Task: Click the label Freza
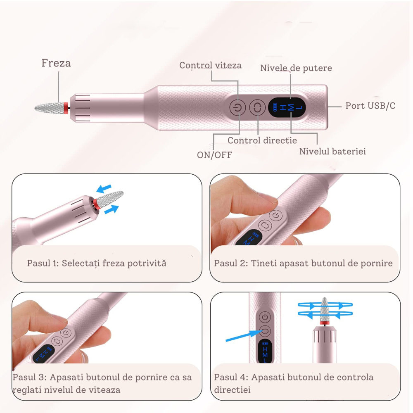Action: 56,63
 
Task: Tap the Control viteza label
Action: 210,65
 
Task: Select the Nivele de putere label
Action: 296,68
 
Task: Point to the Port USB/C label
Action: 370,106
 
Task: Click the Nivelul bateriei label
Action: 332,152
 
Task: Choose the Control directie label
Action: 262,140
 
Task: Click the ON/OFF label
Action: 214,155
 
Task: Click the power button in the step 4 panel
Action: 265,317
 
